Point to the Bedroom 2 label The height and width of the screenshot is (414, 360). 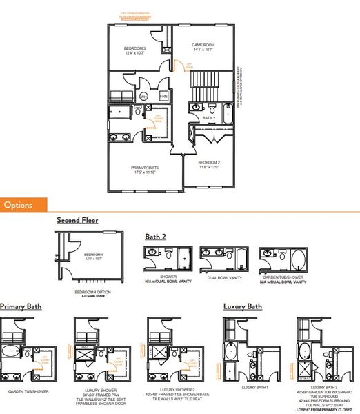click(x=210, y=164)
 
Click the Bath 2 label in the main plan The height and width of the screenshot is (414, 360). click(x=210, y=118)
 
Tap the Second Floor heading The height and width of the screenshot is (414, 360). click(x=77, y=221)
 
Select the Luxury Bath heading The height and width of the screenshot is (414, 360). click(x=242, y=306)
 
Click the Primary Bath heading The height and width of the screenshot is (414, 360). click(x=20, y=306)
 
